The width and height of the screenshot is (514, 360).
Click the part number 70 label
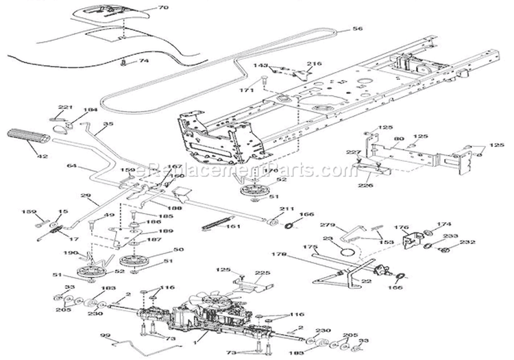click(162, 8)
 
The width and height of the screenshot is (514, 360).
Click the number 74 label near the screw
click(144, 61)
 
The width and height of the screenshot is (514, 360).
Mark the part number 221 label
click(64, 108)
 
